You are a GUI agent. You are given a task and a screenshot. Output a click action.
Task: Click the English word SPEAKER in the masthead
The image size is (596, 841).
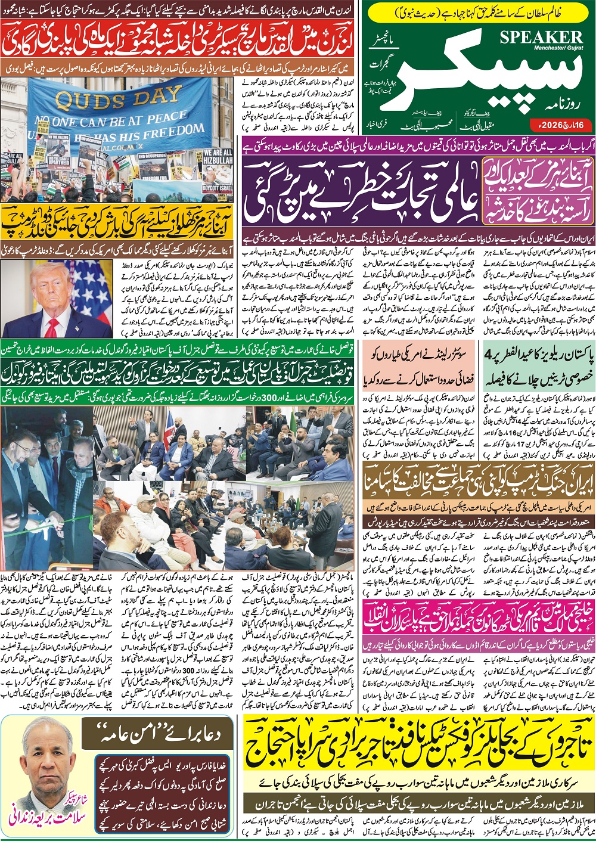point(541,37)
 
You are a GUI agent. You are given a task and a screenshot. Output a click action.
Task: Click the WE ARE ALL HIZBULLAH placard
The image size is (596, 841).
point(218,156)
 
